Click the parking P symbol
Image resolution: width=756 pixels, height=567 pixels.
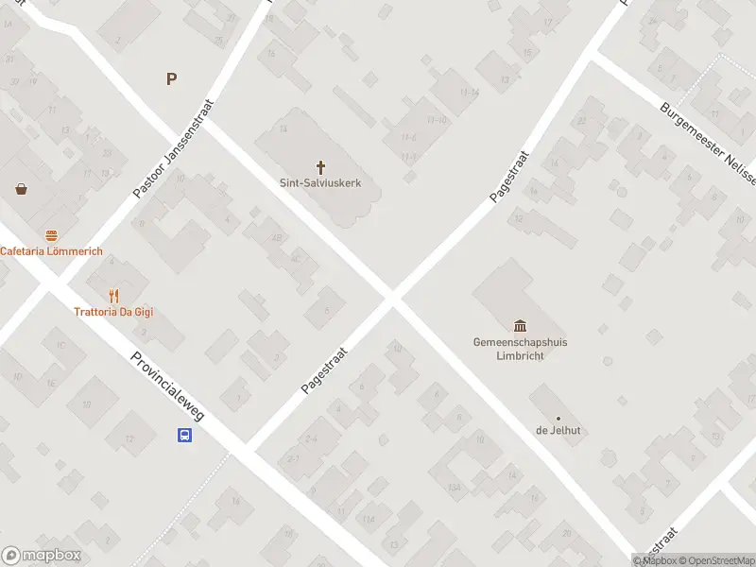(171, 79)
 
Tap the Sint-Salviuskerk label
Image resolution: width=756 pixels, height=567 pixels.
(320, 183)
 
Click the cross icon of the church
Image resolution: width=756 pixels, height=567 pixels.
(320, 166)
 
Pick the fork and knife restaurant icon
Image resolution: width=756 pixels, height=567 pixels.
(114, 296)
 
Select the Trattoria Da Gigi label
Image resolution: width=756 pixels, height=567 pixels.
(113, 312)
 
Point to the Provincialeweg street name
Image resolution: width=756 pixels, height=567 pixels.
(167, 388)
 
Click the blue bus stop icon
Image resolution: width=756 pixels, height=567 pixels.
(185, 436)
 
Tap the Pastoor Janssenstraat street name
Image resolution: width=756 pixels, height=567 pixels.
(174, 149)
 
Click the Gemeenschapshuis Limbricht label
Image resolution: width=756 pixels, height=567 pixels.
(526, 349)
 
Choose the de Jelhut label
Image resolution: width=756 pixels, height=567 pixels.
(558, 431)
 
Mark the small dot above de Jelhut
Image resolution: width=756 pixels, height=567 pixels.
(558, 418)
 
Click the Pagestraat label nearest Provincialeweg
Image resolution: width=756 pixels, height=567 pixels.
(325, 369)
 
